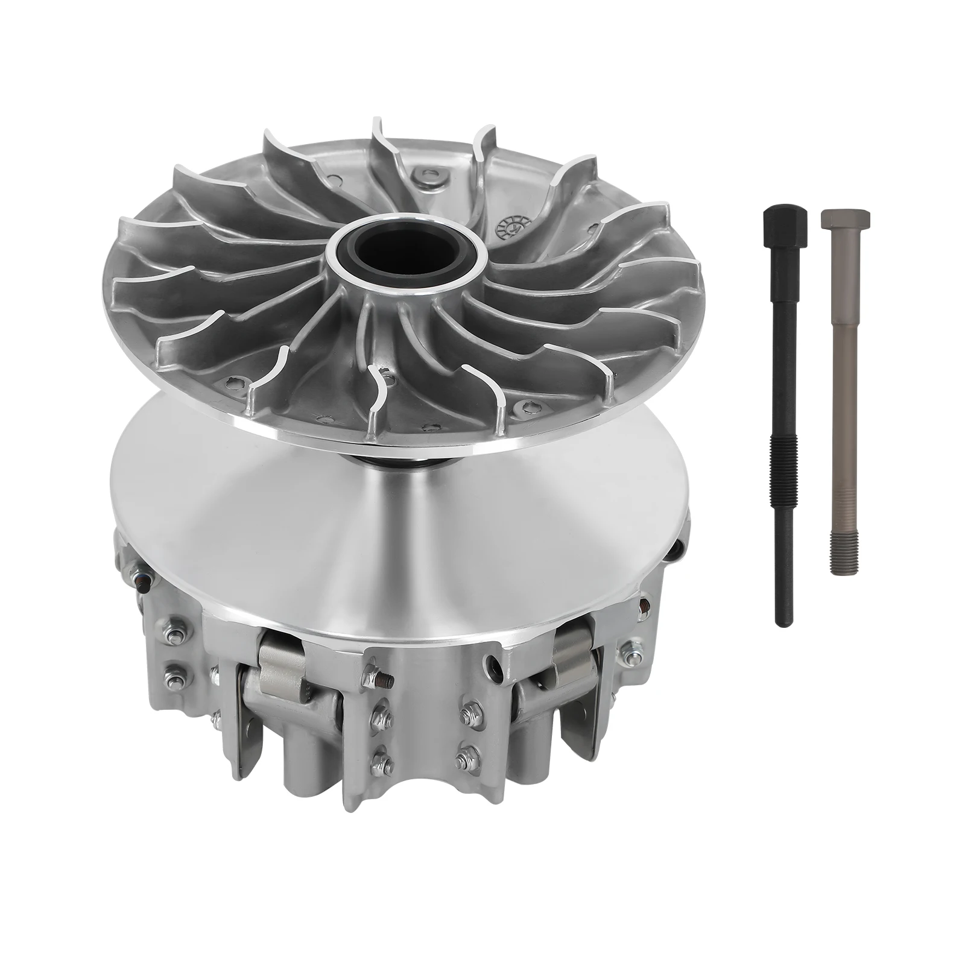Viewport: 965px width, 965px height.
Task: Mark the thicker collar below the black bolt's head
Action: (x=782, y=252)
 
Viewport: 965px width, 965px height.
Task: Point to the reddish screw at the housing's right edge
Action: (x=644, y=603)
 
